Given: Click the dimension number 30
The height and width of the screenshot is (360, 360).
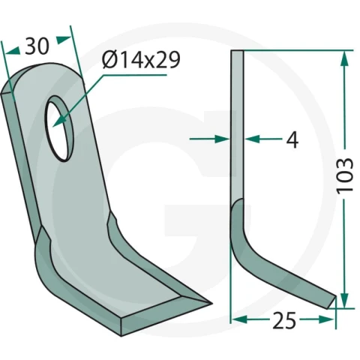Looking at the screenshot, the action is pyautogui.click(x=37, y=46).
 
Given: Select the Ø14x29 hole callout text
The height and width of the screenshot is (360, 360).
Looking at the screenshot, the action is pyautogui.click(x=141, y=60).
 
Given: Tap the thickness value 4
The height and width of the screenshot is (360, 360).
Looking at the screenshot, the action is pyautogui.click(x=292, y=139).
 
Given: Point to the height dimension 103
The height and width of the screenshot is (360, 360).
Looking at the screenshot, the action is pyautogui.click(x=345, y=175).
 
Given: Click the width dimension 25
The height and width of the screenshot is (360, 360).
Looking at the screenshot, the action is pyautogui.click(x=284, y=320).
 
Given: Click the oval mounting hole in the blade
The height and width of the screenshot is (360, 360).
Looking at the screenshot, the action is pyautogui.click(x=59, y=128).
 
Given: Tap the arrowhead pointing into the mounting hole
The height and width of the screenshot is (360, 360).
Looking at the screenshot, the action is pyautogui.click(x=58, y=121).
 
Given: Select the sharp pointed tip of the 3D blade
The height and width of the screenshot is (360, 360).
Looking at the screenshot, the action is pyautogui.click(x=211, y=304).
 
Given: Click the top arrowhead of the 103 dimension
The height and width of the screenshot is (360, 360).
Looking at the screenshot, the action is pyautogui.click(x=345, y=58).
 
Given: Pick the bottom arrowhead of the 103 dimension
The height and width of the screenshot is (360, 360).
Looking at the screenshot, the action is pyautogui.click(x=345, y=301).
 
